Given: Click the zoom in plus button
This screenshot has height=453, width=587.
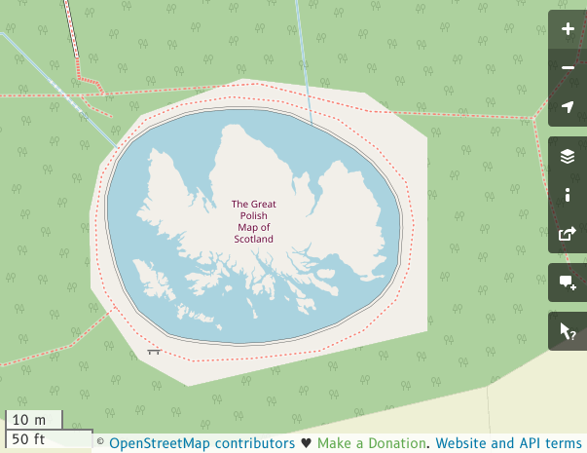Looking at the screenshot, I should click(568, 29).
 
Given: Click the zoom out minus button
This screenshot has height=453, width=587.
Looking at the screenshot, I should click(568, 68).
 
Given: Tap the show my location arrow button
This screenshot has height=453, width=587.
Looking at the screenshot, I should click(568, 107).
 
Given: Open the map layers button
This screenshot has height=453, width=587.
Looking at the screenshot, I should click(568, 156).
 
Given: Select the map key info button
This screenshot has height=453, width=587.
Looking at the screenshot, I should click(568, 195).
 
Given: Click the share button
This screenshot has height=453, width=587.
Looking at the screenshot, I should click(568, 234).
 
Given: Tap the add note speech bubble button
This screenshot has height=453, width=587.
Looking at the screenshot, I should click(568, 283).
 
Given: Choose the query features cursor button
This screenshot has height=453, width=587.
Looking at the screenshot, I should click(568, 331).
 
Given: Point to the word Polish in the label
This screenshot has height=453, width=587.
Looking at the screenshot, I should click(252, 216).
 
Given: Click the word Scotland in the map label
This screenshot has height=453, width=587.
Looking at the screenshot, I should click(253, 239).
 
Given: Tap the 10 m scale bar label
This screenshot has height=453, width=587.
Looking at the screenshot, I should click(29, 420).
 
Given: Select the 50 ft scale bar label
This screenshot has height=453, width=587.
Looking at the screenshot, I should click(29, 438).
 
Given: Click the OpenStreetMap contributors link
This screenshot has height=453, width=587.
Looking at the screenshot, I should click(202, 443).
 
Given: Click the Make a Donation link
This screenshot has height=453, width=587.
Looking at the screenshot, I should click(372, 443).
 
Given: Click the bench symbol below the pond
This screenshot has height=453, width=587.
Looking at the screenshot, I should click(154, 350).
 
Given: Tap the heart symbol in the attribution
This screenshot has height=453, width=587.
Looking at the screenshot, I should click(306, 443).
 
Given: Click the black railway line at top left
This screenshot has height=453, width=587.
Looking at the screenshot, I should click(72, 29).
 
